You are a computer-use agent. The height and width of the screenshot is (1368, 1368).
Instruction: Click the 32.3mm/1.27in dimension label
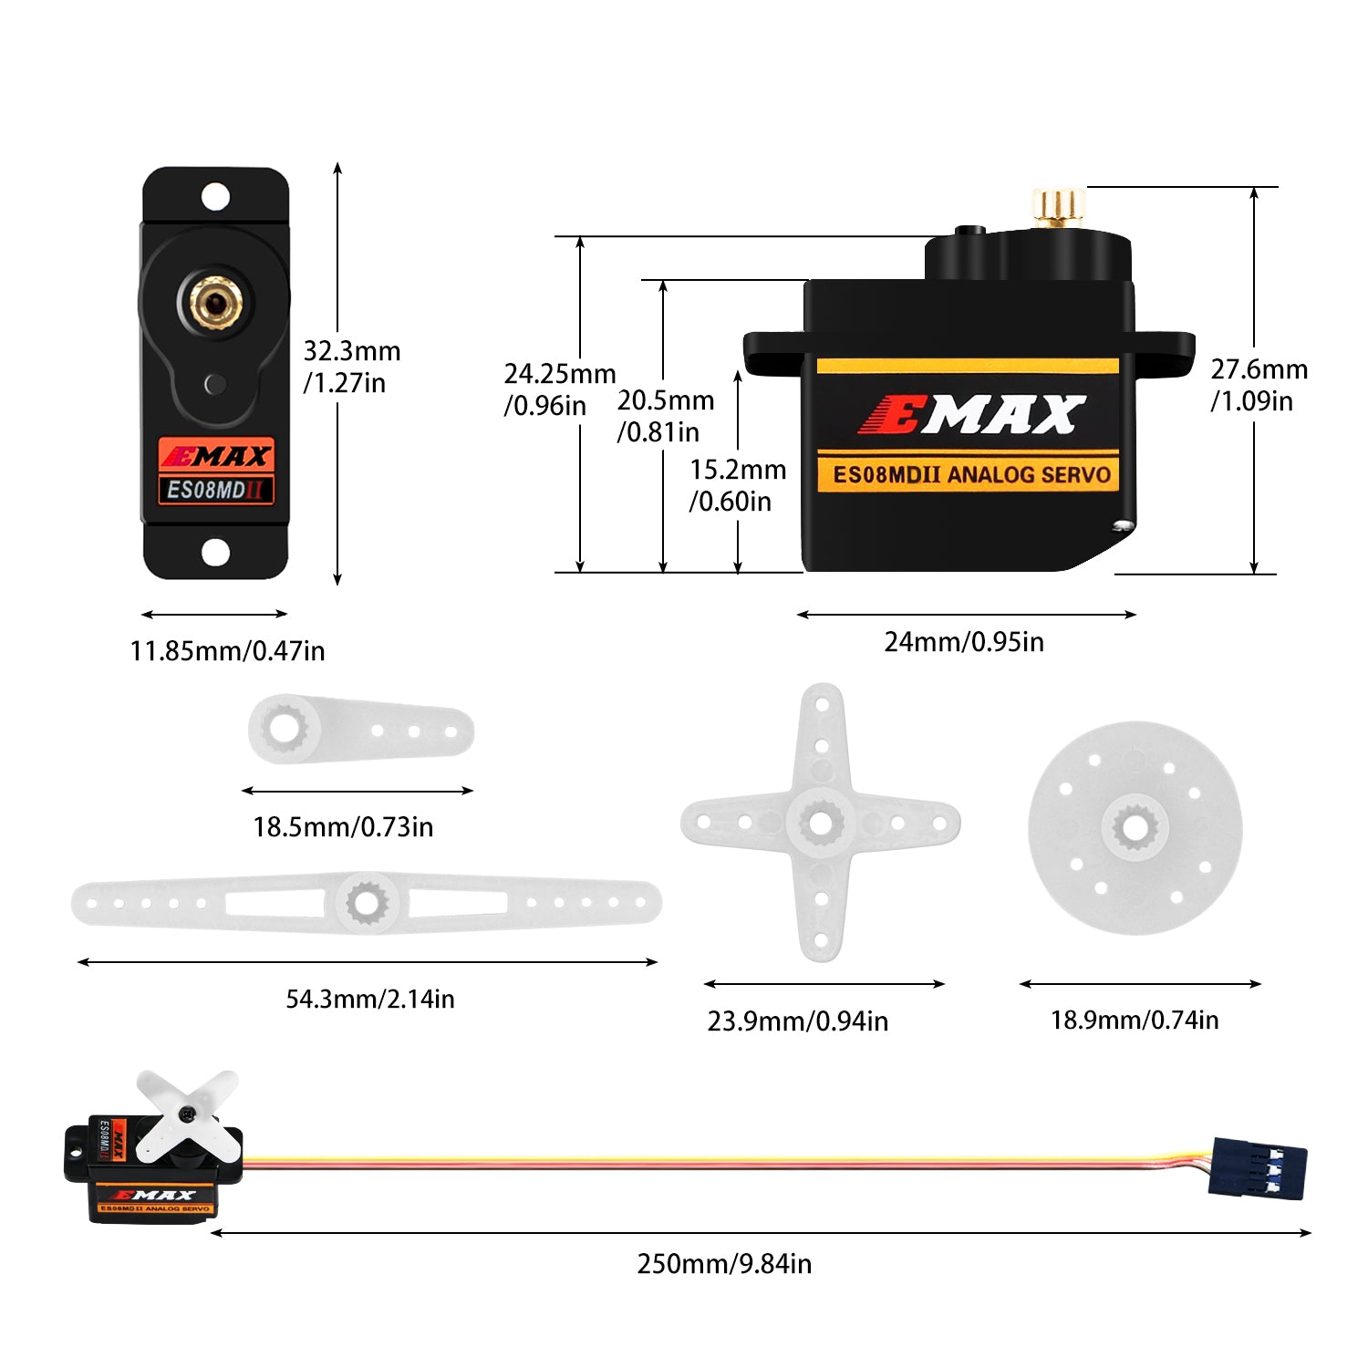[x=352, y=367]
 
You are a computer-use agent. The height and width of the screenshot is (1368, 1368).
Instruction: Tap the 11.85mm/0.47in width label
[x=227, y=651]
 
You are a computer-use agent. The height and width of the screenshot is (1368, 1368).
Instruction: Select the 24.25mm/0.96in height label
[x=560, y=389]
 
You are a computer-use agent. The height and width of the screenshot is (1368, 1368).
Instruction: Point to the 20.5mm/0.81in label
[x=666, y=416]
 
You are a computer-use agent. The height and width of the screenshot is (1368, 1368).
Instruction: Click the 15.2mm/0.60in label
[x=738, y=485]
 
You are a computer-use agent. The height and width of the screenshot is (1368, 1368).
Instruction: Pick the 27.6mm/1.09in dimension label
[x=1259, y=385]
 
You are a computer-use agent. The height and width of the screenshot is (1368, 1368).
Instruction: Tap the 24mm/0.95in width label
[x=964, y=642]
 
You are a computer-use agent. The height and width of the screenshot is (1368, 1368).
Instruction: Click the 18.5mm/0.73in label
[x=343, y=827]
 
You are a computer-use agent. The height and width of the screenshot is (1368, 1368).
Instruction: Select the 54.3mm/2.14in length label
[x=370, y=1000]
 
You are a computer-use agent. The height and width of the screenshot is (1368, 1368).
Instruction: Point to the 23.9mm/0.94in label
[x=798, y=1021]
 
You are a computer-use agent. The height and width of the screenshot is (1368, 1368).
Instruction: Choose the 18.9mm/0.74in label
[x=1135, y=1021]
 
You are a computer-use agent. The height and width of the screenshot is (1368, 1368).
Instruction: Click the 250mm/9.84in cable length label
[x=724, y=1264]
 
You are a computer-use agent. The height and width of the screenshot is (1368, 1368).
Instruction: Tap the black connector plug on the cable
[x=1258, y=1168]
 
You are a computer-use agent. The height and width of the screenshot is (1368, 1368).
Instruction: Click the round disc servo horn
[x=1135, y=828]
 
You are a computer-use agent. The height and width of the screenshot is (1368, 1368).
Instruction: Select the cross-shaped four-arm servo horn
[x=821, y=823]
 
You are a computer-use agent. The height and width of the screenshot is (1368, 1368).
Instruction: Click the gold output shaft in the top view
[x=215, y=302]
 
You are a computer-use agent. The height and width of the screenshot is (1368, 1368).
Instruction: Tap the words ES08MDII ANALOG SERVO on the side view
[x=971, y=475]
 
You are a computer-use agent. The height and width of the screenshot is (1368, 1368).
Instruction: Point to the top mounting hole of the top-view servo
[x=215, y=196]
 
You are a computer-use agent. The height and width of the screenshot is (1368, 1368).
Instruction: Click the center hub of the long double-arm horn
[x=367, y=903]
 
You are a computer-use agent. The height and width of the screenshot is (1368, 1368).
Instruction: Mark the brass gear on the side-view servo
[x=1058, y=209]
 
